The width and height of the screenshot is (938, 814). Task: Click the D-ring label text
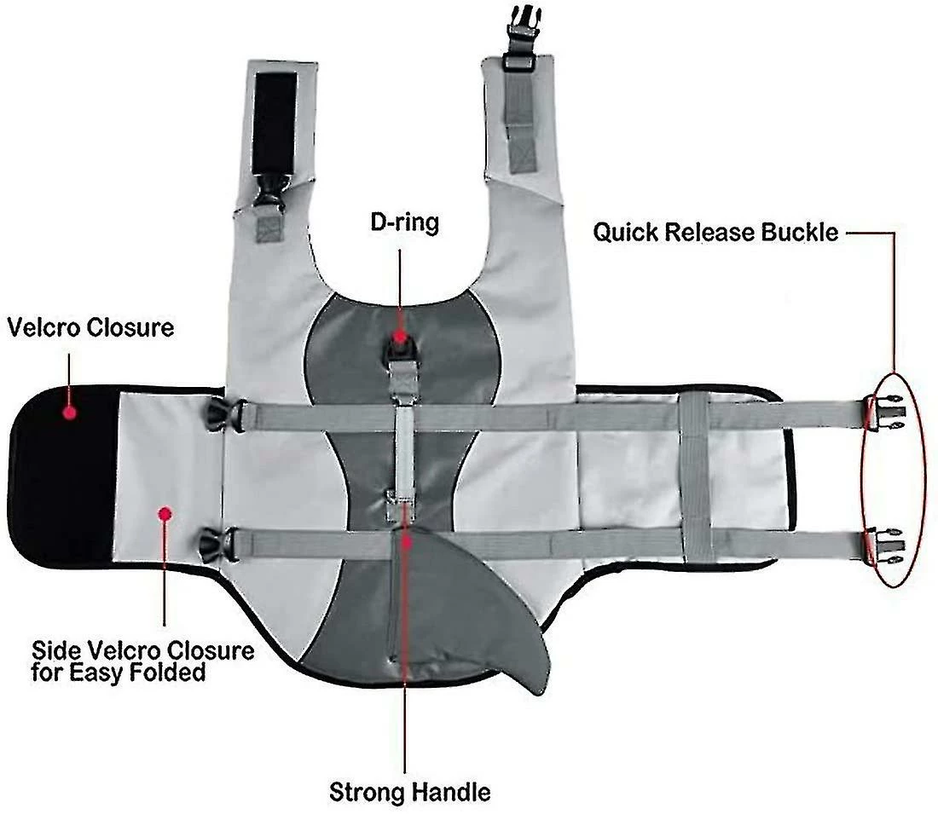(x=404, y=222)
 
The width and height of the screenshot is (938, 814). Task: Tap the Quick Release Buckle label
(x=715, y=232)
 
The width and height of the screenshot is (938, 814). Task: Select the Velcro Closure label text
(x=90, y=327)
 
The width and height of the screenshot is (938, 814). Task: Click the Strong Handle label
(x=410, y=792)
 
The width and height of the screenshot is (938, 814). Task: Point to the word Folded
(x=167, y=673)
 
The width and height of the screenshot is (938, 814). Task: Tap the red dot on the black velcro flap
(x=69, y=412)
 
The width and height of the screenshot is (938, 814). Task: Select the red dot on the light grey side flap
(x=165, y=513)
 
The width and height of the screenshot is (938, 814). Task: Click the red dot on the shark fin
(x=406, y=542)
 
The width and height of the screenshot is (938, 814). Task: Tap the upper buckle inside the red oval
(x=885, y=412)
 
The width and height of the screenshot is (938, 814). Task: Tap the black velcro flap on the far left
(x=63, y=476)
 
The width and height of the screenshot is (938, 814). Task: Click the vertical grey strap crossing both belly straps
(x=696, y=476)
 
